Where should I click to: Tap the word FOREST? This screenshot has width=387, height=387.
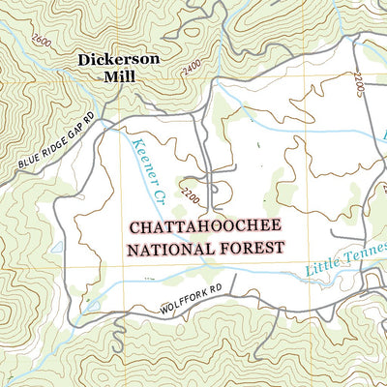pos(252,248)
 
